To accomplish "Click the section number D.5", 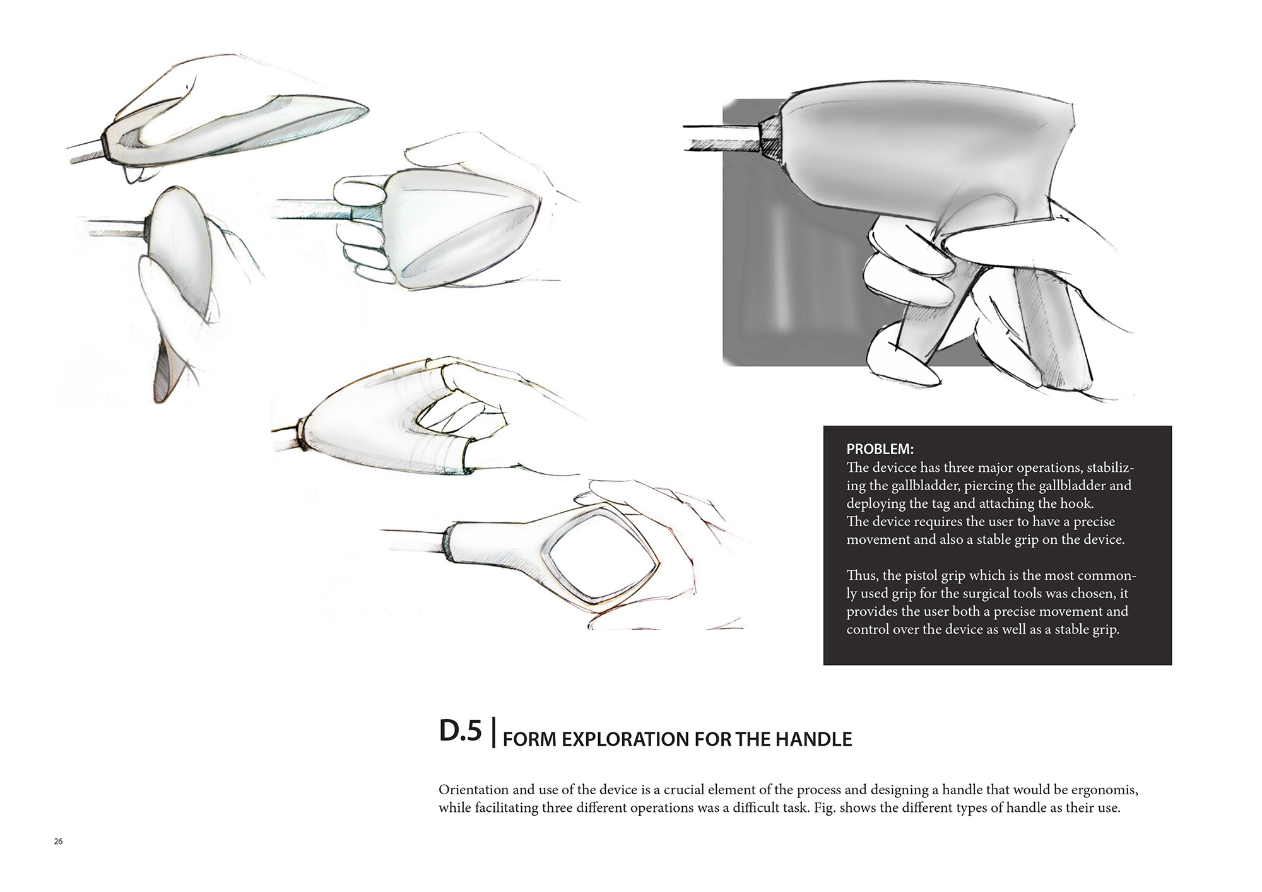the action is (x=460, y=731).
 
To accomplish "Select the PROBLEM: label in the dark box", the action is (x=880, y=450).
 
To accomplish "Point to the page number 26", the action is (x=59, y=842).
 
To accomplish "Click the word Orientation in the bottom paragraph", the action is (x=471, y=790).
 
